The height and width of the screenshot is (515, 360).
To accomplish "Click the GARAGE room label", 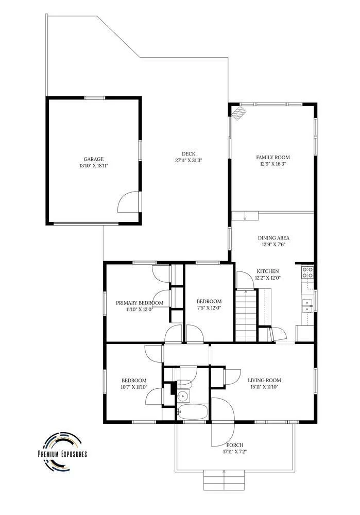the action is click(x=93, y=159).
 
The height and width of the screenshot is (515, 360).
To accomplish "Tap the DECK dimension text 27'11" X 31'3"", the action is click(x=188, y=161).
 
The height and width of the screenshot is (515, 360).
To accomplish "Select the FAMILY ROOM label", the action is click(x=273, y=157).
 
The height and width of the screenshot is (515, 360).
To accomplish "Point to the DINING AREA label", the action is click(x=273, y=238).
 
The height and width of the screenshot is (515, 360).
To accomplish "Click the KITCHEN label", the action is click(x=268, y=271).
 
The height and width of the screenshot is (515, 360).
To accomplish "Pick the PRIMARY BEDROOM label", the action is click(x=140, y=303).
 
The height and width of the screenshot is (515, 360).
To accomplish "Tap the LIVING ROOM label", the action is click(x=264, y=381).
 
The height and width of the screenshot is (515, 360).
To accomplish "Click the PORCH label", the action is click(x=235, y=445).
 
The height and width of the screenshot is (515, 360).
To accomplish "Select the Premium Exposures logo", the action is click(x=62, y=450).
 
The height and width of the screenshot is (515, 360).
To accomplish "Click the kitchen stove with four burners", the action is click(x=307, y=272).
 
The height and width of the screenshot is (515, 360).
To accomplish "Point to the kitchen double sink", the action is click(x=307, y=306).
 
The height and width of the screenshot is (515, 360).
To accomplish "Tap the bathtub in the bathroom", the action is click(x=193, y=411).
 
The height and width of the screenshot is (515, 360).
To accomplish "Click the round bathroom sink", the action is click(x=183, y=396).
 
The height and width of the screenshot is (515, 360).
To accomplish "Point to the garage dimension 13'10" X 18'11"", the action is click(x=94, y=166).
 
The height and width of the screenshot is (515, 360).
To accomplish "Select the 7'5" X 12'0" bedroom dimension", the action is click(x=209, y=308).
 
